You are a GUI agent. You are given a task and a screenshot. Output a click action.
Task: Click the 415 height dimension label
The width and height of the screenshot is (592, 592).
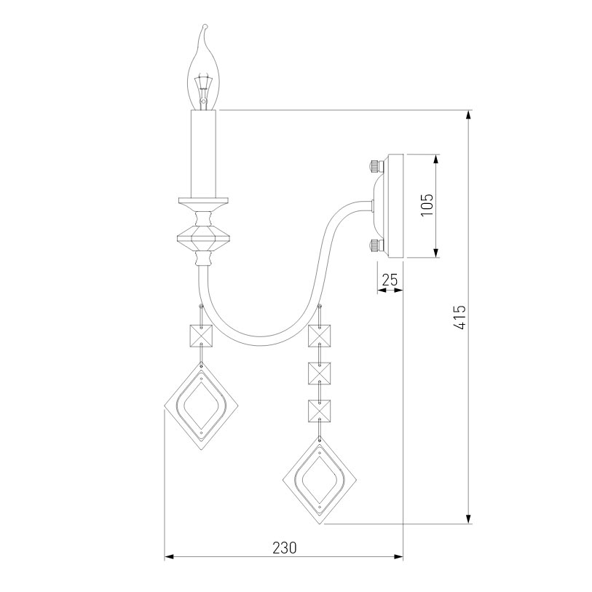(x=459, y=317)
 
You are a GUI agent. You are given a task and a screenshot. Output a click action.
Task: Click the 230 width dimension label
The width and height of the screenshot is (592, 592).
(x=284, y=547)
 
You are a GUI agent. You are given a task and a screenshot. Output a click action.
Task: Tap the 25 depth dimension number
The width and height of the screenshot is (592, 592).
(x=390, y=279)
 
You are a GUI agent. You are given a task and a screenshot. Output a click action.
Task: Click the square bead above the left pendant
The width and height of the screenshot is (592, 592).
(x=201, y=336)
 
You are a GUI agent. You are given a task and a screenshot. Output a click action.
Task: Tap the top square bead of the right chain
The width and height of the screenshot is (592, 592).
(x=320, y=336)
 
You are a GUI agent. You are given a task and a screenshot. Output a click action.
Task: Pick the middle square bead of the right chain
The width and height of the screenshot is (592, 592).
(x=320, y=374)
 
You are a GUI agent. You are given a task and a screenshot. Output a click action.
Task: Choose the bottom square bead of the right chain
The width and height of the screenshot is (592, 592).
(x=320, y=411)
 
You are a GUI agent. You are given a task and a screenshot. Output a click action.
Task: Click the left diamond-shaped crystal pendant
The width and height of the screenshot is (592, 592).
(x=200, y=406)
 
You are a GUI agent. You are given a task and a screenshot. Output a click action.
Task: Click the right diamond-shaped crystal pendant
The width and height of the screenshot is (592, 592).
(x=321, y=480)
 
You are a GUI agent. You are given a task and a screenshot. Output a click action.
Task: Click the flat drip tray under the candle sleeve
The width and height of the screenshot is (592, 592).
(x=205, y=200)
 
